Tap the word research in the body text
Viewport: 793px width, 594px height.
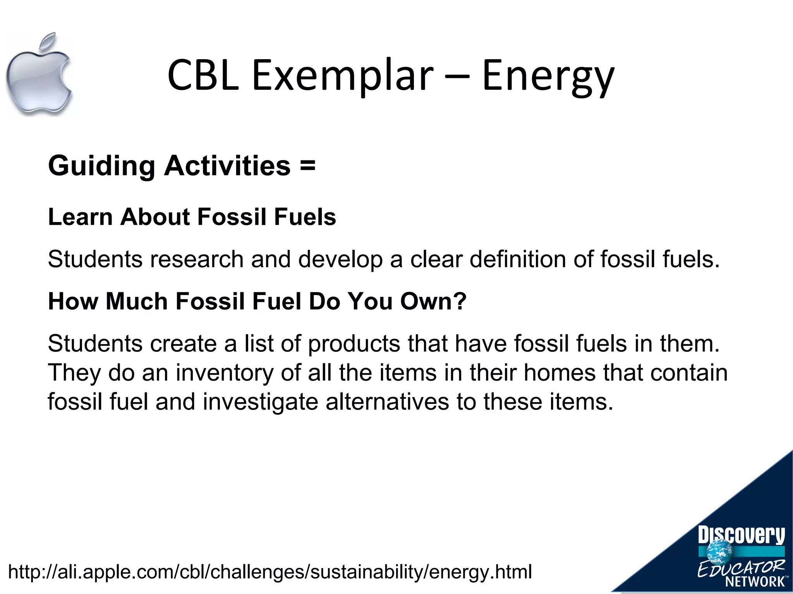pyautogui.click(x=197, y=259)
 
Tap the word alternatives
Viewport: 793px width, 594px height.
pyautogui.click(x=387, y=402)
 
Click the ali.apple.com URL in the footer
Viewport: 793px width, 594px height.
pyautogui.click(x=270, y=572)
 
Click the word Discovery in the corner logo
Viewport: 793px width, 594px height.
pyautogui.click(x=741, y=536)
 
